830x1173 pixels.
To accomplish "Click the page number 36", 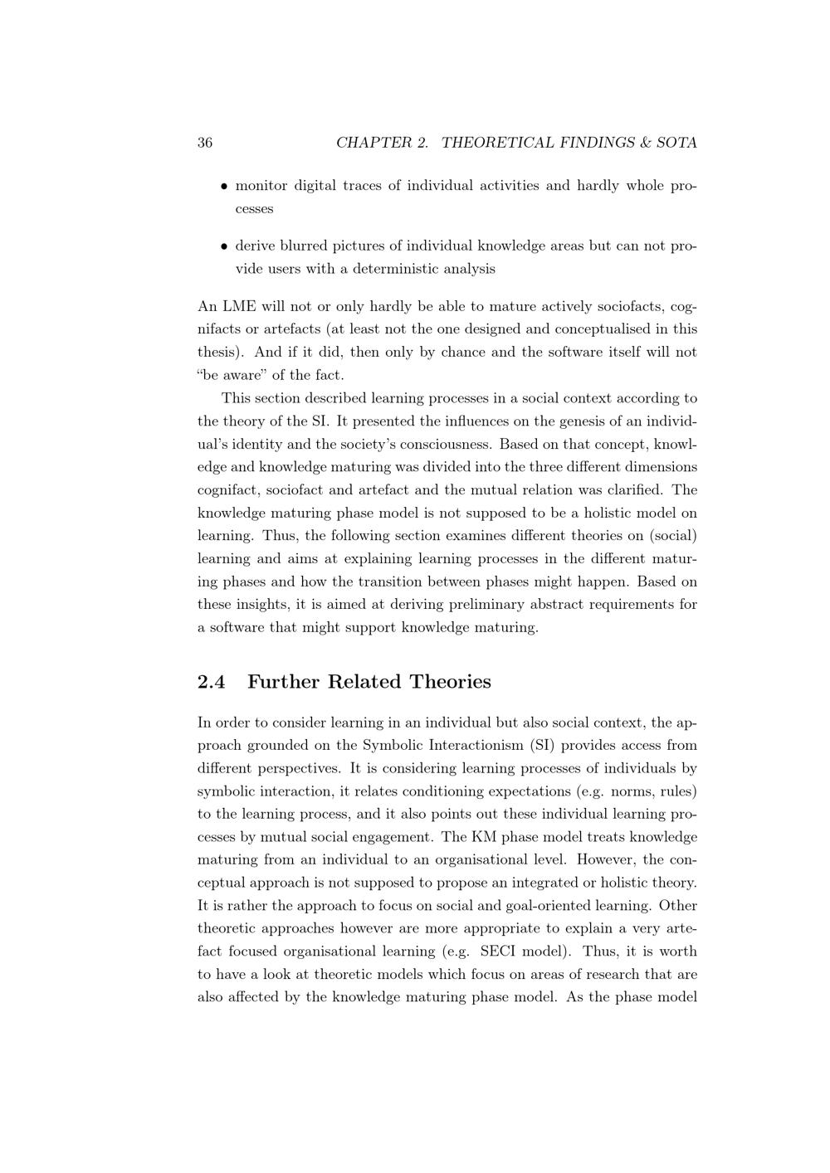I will [x=205, y=143].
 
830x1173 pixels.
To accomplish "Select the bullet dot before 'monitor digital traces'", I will [x=224, y=187].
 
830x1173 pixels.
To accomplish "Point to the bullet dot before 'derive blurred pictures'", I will [x=224, y=246].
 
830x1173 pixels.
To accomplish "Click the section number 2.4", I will [x=212, y=682].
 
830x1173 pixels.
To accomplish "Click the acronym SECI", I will [x=500, y=952].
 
